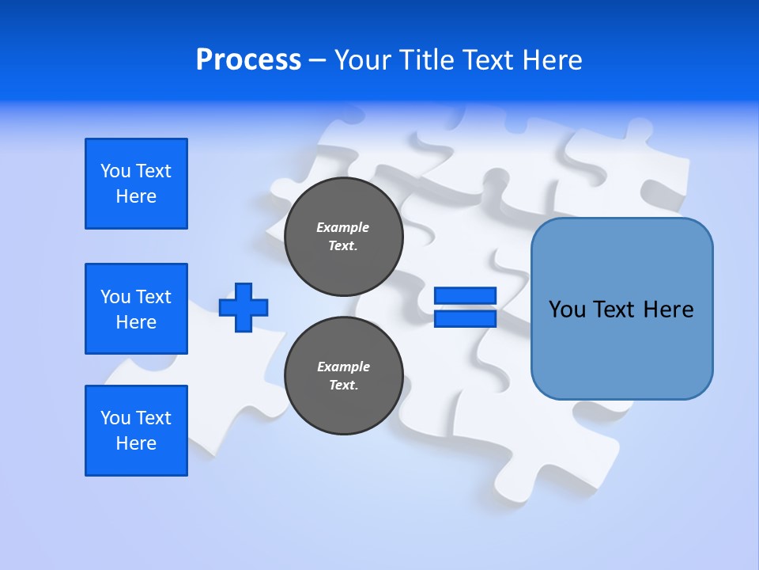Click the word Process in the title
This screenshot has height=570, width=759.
248,60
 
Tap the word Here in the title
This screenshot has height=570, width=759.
552,60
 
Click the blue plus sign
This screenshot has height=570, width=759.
244,307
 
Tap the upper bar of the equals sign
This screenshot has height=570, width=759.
466,296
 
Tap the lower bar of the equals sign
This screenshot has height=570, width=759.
466,318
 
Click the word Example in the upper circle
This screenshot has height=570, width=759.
342,227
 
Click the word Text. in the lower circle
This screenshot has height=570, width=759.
343,386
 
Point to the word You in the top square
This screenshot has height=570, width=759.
115,171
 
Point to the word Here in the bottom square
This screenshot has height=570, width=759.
136,443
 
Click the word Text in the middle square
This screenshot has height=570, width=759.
153,297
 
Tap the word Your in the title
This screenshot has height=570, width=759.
361,60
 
